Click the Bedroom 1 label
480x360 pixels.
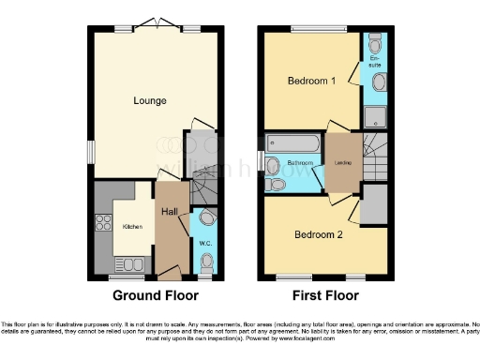point(311,81)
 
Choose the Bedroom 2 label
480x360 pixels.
point(319,233)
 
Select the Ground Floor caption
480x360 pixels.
point(156,295)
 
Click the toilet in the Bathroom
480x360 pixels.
point(274,167)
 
